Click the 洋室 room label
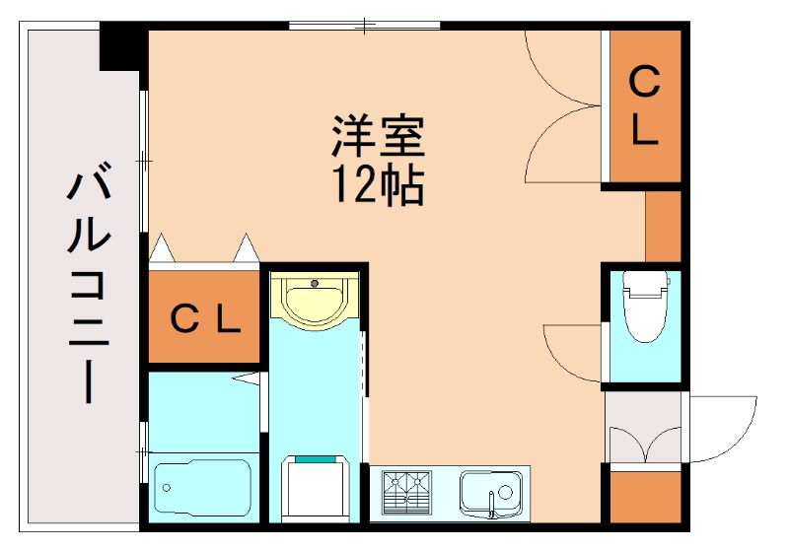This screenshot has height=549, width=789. point(378,138)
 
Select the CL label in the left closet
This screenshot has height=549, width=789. point(205,317)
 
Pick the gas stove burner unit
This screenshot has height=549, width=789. point(408,489)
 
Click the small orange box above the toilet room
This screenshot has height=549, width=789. point(664,225)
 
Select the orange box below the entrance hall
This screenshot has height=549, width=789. point(645,498)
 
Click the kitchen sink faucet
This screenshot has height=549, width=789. point(491,507)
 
